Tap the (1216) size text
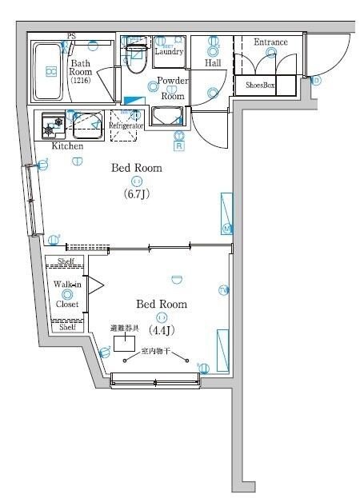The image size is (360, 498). click(81, 81)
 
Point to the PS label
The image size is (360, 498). click(71, 36)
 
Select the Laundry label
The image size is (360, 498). click(170, 52)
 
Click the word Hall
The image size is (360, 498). click(213, 62)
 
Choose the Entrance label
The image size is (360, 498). click(270, 42)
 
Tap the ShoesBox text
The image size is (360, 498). click(260, 85)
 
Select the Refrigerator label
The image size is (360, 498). click(126, 126)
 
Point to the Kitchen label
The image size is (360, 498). click(67, 146)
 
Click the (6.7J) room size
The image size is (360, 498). click(136, 194)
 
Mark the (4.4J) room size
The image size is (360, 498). click(162, 329)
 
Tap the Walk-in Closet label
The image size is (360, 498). click(67, 293)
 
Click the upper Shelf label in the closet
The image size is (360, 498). click(66, 261)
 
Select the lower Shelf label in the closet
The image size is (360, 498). click(67, 326)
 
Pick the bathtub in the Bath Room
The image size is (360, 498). click(49, 72)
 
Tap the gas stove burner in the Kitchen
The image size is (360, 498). click(54, 125)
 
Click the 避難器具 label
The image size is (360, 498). click(126, 329)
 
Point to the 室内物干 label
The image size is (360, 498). click(155, 350)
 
